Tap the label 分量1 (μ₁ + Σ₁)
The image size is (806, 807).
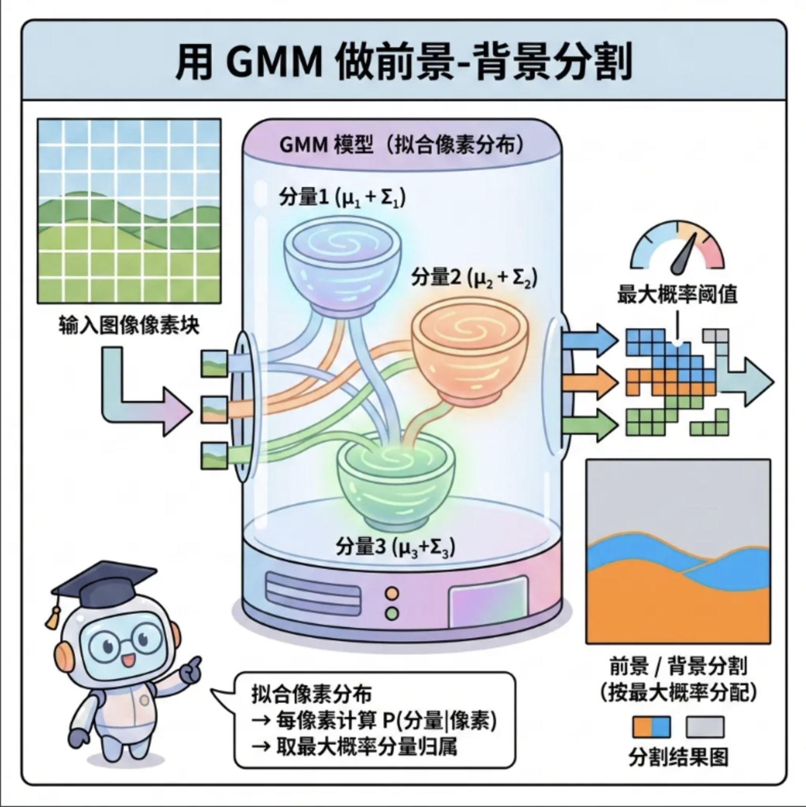(x=342, y=197)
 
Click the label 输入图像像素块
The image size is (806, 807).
(x=129, y=325)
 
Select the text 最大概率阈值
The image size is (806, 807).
(x=677, y=295)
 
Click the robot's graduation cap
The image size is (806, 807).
(x=105, y=584)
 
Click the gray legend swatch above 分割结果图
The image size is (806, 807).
(x=705, y=727)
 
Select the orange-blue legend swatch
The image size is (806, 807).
(x=651, y=727)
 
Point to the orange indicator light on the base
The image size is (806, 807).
(x=392, y=593)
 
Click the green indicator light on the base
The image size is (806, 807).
(x=392, y=612)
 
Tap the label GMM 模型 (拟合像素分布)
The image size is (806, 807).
(x=402, y=145)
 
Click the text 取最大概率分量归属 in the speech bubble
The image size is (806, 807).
(x=366, y=747)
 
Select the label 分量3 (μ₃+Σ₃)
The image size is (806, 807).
(x=395, y=547)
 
